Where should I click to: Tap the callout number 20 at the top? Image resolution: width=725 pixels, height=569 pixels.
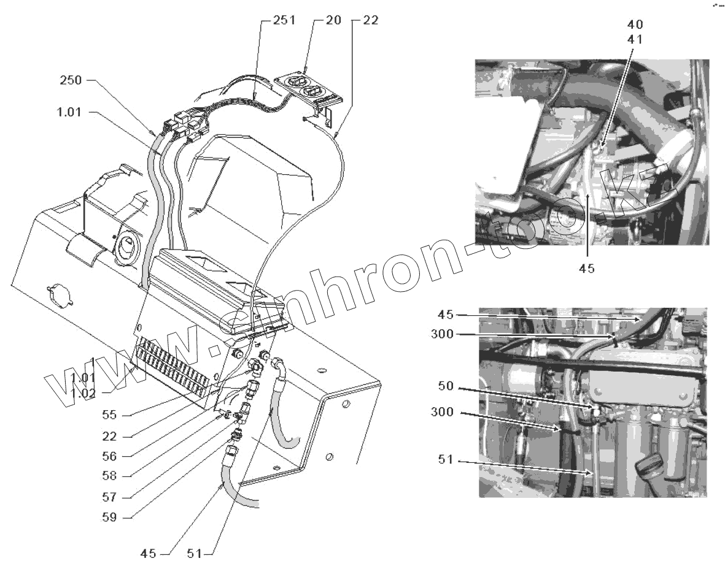tap(332, 20)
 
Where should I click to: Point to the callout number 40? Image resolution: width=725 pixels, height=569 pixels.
tap(635, 25)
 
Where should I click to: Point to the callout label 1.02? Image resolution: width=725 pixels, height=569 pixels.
tap(83, 392)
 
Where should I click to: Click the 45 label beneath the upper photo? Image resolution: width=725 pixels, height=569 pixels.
tap(587, 269)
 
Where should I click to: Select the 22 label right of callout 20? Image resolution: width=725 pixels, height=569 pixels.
tap(370, 20)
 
